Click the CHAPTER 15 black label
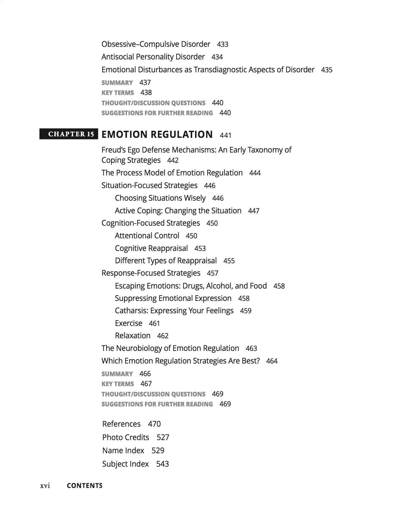click(x=69, y=134)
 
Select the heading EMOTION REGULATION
click(x=157, y=135)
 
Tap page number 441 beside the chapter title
click(x=225, y=136)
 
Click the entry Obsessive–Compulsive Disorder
click(x=156, y=44)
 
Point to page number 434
click(x=217, y=57)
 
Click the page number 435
click(x=326, y=70)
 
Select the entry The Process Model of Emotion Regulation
click(x=172, y=173)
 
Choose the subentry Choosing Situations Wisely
click(x=160, y=198)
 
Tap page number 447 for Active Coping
click(x=253, y=211)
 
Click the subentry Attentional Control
click(x=147, y=236)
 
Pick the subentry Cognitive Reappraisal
click(x=151, y=248)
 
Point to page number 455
click(x=229, y=261)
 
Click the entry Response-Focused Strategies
click(x=151, y=273)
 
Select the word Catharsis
click(x=131, y=311)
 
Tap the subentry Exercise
click(x=128, y=323)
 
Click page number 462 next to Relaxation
click(x=163, y=336)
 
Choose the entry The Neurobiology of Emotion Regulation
click(x=170, y=348)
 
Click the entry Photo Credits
click(x=125, y=437)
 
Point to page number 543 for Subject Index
click(x=162, y=464)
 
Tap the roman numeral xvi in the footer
click(x=45, y=486)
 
